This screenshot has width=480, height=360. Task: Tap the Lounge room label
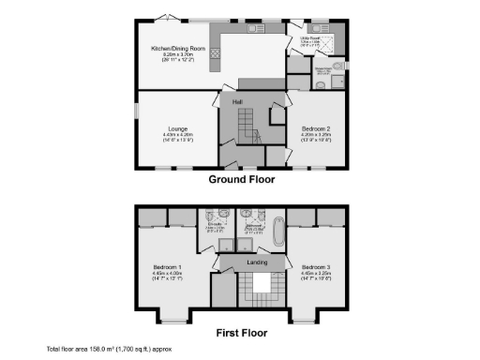pyautogui.click(x=178, y=128)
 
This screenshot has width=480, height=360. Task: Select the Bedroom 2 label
pyautogui.click(x=315, y=128)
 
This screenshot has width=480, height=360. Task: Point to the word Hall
pyautogui.click(x=238, y=101)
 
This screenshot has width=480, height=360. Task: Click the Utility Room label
pyautogui.click(x=309, y=38)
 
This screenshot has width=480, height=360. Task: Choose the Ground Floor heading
pyautogui.click(x=241, y=179)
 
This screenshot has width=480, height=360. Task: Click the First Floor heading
pyautogui.click(x=241, y=333)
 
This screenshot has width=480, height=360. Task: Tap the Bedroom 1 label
pyautogui.click(x=167, y=267)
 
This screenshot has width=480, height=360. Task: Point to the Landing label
pyautogui.click(x=256, y=262)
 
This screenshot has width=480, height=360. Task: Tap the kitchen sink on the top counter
pyautogui.click(x=253, y=29)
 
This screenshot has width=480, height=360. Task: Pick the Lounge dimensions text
pyautogui.click(x=178, y=135)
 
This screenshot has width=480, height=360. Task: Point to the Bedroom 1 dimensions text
pyautogui.click(x=167, y=274)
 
